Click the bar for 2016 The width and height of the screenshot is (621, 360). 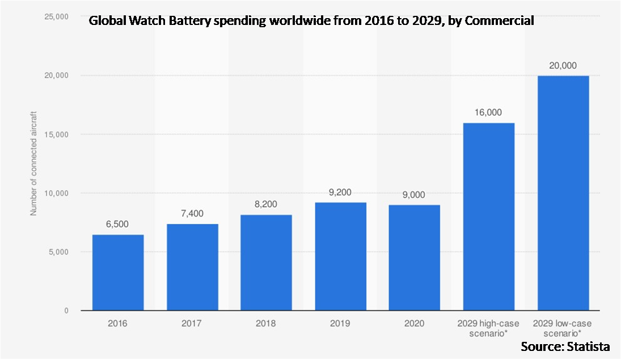click(x=118, y=273)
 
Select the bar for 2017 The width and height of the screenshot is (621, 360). click(x=192, y=267)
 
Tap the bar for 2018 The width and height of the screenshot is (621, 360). click(x=266, y=262)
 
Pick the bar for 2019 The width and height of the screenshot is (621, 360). click(x=340, y=256)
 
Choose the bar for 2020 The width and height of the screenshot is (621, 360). click(x=415, y=257)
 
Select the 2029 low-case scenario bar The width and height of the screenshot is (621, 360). click(x=563, y=193)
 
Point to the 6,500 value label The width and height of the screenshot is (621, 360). click(x=118, y=225)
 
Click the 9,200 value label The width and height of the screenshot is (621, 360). click(x=340, y=193)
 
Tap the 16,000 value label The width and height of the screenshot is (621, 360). click(x=489, y=113)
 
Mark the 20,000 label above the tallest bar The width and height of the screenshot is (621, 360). click(x=563, y=66)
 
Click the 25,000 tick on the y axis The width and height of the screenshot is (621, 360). click(x=56, y=16)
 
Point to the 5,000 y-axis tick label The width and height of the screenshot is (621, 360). click(x=58, y=252)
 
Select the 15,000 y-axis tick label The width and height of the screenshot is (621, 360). click(x=56, y=134)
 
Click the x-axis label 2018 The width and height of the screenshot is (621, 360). click(x=266, y=324)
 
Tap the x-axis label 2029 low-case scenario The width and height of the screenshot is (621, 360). click(x=563, y=328)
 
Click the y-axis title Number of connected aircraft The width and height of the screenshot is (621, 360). click(x=33, y=163)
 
